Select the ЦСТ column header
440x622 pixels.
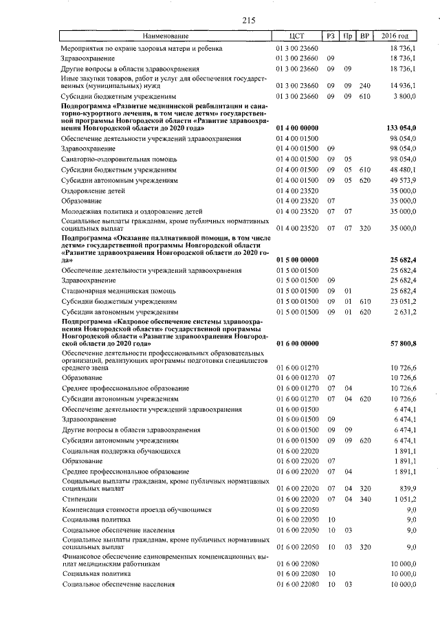click(297, 36)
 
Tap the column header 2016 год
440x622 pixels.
click(399, 36)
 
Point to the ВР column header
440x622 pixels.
click(366, 36)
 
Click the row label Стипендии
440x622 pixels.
click(79, 499)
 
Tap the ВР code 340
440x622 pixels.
click(365, 499)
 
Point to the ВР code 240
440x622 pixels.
click(365, 85)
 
